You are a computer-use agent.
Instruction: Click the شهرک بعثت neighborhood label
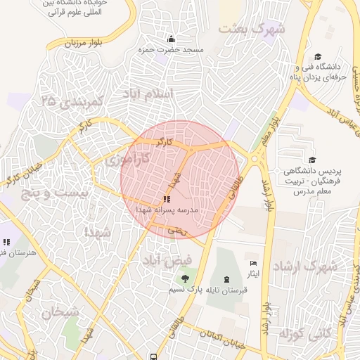tap(251, 30)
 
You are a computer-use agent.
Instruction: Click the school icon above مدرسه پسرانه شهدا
tap(166, 200)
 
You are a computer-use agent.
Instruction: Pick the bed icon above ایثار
tap(253, 264)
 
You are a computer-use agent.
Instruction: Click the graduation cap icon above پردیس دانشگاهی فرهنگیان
tap(311, 160)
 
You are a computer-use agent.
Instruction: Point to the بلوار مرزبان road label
tap(84, 42)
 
